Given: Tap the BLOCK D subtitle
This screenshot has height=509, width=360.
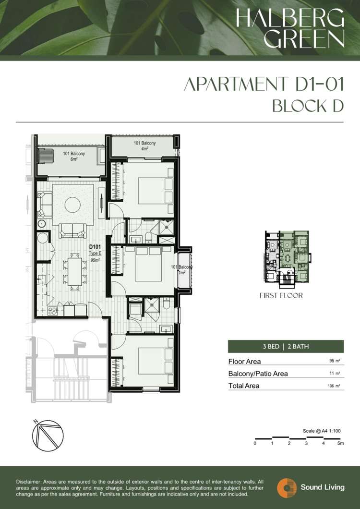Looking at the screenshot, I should point(308,106).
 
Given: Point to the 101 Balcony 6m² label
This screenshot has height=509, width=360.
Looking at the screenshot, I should point(74,157).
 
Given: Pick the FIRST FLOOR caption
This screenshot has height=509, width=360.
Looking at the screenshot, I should point(281,295).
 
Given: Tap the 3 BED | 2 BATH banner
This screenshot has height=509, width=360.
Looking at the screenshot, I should point(286,346).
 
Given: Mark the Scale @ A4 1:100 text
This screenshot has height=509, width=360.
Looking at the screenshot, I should point(322,431).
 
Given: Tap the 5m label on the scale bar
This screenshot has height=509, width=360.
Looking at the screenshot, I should point(340,443).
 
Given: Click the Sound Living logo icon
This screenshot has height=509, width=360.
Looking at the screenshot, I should point(287,487).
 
